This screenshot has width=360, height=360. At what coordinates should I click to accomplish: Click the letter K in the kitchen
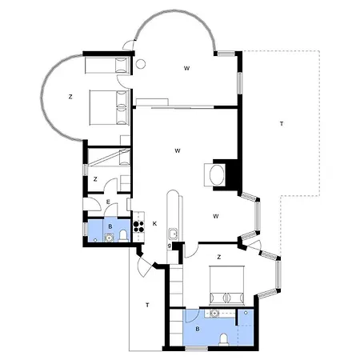coord(154,224)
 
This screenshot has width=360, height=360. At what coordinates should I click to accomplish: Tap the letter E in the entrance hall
coord(108,202)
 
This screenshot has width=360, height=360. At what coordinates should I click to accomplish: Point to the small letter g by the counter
coord(170,246)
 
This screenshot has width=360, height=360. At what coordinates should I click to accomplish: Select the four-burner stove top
coord(138,226)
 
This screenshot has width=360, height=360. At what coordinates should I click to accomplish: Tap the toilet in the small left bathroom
coord(123,236)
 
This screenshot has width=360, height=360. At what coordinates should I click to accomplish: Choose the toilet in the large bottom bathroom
coord(223,340)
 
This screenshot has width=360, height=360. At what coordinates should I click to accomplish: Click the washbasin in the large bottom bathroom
coord(214,314)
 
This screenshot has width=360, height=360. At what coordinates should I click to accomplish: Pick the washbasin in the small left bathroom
coord(109,238)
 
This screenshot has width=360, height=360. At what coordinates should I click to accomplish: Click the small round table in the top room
coord(141,64)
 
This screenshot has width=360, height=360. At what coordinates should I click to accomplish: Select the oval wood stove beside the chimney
coord(217,175)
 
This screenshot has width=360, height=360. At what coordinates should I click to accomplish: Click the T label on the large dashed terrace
coord(282,124)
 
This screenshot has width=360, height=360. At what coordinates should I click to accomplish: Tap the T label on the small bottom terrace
coord(147,305)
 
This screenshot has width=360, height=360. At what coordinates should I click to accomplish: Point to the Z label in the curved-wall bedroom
coord(70,97)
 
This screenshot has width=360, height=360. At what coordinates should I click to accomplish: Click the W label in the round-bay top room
coord(186,68)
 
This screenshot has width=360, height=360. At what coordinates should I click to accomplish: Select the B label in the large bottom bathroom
coord(198,329)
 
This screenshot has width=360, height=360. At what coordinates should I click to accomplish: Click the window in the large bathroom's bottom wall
coord(197,349)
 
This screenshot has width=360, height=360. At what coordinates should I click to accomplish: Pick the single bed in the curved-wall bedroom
coord(107,65)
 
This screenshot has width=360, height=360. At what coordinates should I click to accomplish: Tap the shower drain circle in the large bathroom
coord(246,312)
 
